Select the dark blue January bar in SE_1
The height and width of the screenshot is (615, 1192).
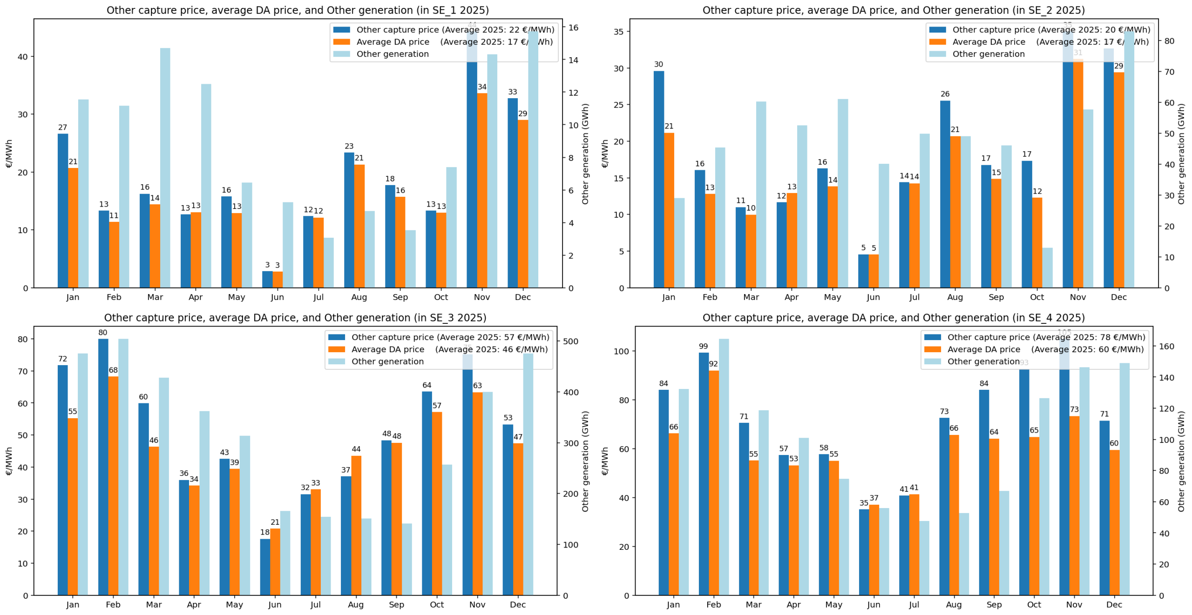(63, 209)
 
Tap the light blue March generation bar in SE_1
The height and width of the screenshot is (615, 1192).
(165, 167)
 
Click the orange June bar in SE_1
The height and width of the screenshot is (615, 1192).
(278, 279)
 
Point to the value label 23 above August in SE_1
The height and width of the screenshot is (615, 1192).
(349, 146)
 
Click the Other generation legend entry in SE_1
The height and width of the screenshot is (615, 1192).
(392, 54)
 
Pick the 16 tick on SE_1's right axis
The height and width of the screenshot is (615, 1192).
(573, 28)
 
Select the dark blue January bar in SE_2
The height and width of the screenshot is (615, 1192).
(658, 179)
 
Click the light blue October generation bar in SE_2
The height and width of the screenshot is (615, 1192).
(1047, 267)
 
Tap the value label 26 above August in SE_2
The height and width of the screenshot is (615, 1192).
(945, 94)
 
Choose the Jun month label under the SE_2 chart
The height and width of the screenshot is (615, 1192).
(873, 297)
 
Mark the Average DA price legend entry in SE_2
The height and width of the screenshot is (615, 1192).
(988, 42)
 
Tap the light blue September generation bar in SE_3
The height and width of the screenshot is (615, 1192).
(407, 559)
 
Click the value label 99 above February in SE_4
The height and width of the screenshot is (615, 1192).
(703, 346)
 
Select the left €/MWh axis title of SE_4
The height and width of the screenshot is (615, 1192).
(605, 461)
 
